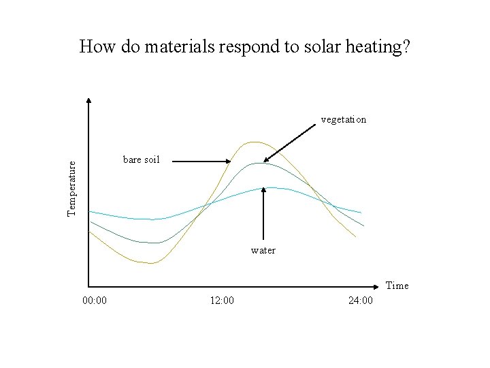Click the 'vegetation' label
(x=343, y=119)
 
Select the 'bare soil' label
(x=141, y=159)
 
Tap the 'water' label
(x=263, y=250)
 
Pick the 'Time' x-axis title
(x=397, y=286)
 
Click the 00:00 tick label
(x=94, y=301)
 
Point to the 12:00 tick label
(x=222, y=301)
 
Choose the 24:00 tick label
(x=360, y=301)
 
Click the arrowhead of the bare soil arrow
(x=229, y=162)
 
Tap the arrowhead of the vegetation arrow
(x=267, y=160)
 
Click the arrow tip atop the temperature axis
(x=88, y=100)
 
